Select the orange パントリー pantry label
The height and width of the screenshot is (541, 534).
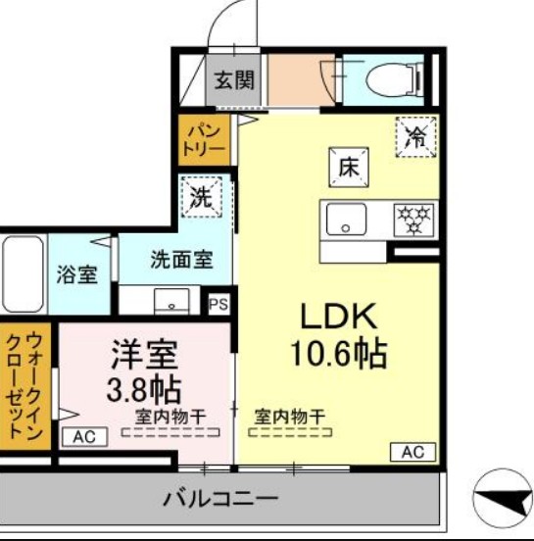coord(203,138)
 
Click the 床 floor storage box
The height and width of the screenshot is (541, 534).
coord(347,168)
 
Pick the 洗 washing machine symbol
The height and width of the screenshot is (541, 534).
coord(200,196)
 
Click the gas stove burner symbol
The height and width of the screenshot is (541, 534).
coord(414,220)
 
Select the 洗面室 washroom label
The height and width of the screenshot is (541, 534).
coord(181,260)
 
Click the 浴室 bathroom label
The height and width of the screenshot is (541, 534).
coord(75,274)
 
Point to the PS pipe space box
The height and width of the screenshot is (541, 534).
coord(218,304)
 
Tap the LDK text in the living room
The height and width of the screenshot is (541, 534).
coord(337,317)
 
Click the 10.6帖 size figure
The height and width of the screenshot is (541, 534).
coord(337,353)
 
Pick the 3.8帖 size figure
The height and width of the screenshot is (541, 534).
coord(143,387)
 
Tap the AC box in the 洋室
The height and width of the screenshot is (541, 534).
coord(84,437)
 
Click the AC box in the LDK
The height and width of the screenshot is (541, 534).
coord(413,452)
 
